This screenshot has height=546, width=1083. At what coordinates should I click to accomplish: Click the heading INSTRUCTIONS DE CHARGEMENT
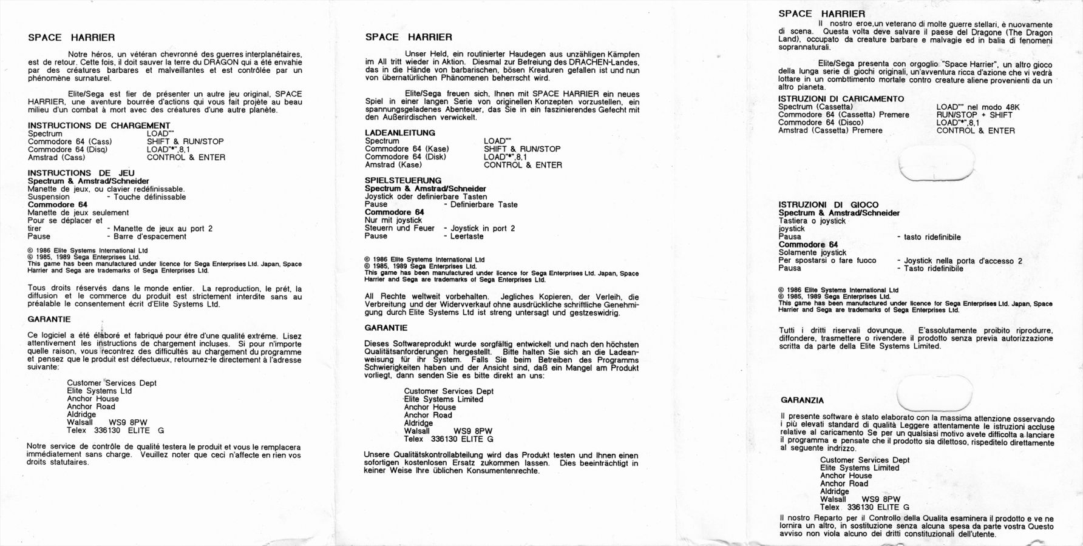(99, 126)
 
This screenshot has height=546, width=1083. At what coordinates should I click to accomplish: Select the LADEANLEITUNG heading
(400, 133)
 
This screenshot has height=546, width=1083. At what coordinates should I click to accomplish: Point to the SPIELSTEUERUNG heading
(403, 180)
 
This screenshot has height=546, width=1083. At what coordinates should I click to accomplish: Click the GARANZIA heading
(802, 400)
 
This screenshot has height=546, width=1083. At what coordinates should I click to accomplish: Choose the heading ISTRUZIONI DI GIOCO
(828, 205)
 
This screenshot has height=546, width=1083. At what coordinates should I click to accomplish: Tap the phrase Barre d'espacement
(150, 237)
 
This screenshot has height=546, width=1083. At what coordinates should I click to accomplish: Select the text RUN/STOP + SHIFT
(974, 115)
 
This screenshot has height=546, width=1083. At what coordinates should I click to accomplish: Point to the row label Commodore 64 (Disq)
(67, 149)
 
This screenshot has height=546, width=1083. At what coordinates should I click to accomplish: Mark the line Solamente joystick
(812, 252)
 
